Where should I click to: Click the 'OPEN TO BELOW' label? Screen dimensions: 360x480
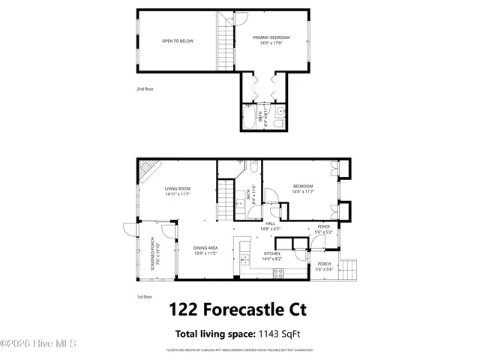coord(178,40)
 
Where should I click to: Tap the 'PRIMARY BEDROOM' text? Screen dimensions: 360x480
coord(271,37)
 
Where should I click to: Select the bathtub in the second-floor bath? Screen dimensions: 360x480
coord(249,118)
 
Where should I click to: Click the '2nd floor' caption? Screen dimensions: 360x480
coord(145,88)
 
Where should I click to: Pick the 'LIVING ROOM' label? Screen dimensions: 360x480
coord(178,188)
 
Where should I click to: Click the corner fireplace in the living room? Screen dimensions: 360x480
coord(148,170)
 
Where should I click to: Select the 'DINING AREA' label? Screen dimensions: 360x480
coord(205,248)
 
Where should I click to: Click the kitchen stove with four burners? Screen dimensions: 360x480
coord(278,274)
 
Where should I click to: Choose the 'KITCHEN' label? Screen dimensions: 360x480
coord(271,253)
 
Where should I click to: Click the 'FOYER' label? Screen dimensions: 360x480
coord(323,226)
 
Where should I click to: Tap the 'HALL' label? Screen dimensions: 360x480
coord(270,223)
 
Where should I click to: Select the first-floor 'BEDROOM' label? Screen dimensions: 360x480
coord(303,186)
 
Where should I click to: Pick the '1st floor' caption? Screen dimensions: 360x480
coord(145,297)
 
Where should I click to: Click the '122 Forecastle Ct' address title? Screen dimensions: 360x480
coord(238,310)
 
